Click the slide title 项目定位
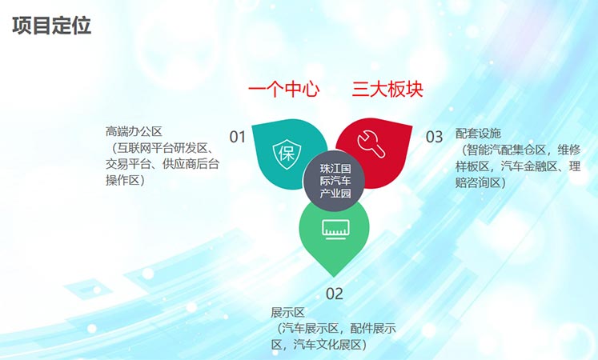tap(52, 26)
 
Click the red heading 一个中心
tap(283, 90)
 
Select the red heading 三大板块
tap(387, 90)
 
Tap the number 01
tap(237, 137)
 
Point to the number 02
tap(335, 294)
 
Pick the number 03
tap(434, 137)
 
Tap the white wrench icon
tap(371, 144)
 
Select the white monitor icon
tap(335, 230)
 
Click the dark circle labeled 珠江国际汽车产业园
tap(335, 181)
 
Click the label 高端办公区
tap(134, 132)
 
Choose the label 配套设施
tap(478, 134)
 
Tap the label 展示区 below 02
tap(287, 313)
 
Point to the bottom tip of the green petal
tap(335, 277)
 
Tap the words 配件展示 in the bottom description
tap(373, 328)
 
